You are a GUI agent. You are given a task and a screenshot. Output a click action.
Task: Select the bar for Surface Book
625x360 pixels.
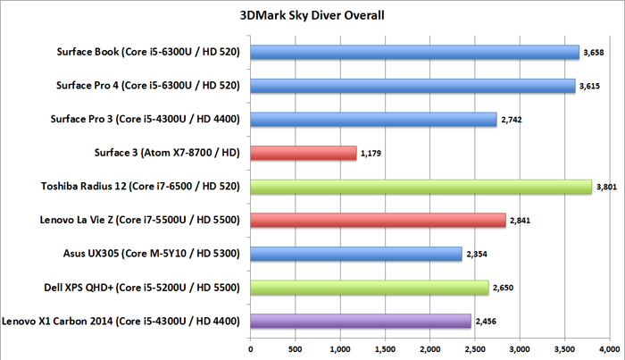click(415, 53)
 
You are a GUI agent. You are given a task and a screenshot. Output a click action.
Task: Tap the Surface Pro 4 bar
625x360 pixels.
click(412, 86)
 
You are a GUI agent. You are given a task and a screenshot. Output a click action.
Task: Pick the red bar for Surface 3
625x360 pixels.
click(304, 153)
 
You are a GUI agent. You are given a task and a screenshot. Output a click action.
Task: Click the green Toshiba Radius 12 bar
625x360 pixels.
click(421, 186)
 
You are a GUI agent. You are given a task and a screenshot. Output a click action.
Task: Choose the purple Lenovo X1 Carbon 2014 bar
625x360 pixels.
click(361, 319)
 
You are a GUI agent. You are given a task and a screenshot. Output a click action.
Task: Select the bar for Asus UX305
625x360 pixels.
click(356, 253)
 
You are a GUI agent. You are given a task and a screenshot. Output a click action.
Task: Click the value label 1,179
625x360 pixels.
click(371, 154)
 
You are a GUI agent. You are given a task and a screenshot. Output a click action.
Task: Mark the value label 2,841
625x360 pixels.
click(521, 220)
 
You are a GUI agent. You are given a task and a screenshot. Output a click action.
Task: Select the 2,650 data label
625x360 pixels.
click(504, 287)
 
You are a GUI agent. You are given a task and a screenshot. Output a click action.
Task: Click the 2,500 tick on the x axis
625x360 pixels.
click(476, 348)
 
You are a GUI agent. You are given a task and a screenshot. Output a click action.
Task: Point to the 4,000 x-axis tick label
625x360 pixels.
click(611, 348)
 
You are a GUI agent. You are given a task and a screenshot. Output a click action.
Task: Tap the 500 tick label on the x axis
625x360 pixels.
click(296, 348)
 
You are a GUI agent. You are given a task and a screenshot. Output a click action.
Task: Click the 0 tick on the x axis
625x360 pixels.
click(251, 348)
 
